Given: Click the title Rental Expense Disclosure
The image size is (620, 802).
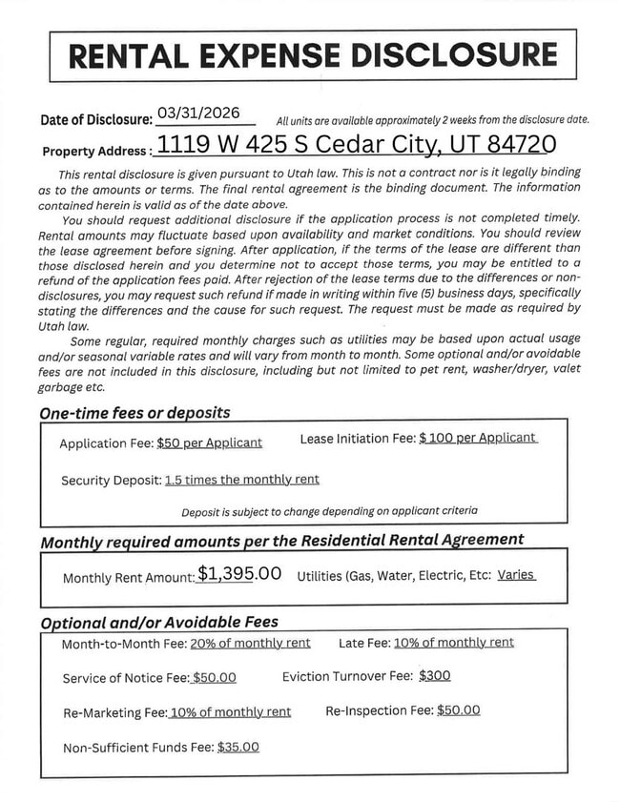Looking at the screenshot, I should click(x=313, y=54).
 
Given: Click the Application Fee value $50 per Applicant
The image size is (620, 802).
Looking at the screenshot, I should click(x=209, y=442).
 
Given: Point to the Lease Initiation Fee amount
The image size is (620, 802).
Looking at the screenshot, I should click(x=477, y=438).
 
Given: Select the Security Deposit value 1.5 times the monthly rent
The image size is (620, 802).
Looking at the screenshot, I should click(x=241, y=480).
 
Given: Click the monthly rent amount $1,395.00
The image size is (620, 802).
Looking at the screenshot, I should click(x=239, y=574).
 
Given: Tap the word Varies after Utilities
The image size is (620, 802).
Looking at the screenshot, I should click(x=516, y=575).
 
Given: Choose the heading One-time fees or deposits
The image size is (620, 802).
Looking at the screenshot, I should click(x=134, y=414).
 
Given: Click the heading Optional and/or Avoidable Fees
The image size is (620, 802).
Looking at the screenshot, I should click(x=159, y=622).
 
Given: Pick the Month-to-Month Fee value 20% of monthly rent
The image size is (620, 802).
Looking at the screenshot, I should click(x=250, y=643).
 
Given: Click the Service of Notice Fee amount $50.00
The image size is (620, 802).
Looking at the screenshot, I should click(x=214, y=678).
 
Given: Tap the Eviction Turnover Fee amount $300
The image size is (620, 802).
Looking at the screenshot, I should click(x=434, y=676).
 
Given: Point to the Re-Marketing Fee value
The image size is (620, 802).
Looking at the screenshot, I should click(x=230, y=712).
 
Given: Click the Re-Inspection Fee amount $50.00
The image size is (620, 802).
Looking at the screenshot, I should click(x=458, y=710).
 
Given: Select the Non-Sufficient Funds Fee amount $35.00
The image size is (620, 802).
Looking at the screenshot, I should click(x=238, y=748).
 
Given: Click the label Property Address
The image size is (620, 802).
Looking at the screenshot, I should click(x=94, y=151).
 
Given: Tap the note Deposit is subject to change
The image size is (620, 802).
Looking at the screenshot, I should click(x=329, y=512).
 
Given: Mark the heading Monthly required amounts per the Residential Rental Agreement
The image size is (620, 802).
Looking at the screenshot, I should click(x=281, y=541).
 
